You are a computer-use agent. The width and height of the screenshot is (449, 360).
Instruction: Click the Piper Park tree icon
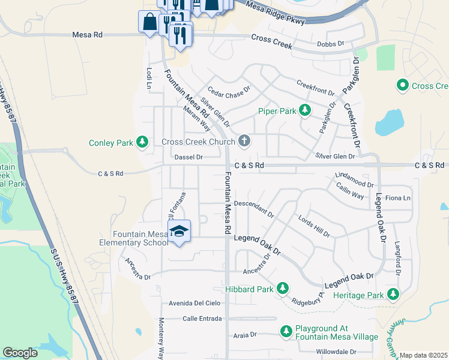coord(305,110)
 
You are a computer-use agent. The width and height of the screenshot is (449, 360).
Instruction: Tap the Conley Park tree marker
coord(142,142)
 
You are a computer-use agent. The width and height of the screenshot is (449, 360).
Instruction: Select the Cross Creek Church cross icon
coord(243,142)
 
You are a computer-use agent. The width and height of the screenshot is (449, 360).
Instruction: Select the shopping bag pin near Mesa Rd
coord(148,22)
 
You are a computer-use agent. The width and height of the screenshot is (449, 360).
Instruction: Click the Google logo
coord(20,353)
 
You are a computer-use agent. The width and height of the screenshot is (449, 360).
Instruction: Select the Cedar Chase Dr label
coord(228,88)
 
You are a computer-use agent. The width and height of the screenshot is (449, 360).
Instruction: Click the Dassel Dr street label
coord(188,157)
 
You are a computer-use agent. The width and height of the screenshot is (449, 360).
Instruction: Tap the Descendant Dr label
coord(253,208)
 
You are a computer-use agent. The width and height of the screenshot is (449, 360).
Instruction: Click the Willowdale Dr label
coord(336,351)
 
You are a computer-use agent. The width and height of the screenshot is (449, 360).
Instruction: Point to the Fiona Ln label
coord(399,198)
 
